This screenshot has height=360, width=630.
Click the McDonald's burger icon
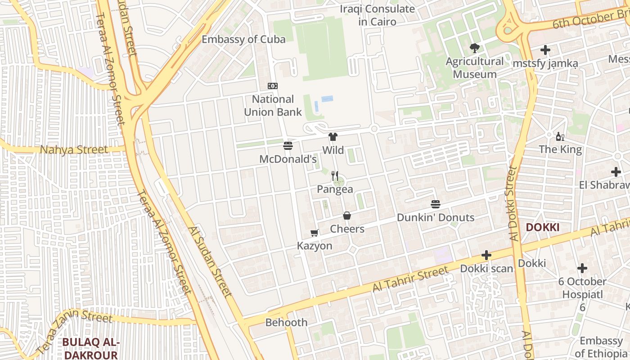(x=288, y=145)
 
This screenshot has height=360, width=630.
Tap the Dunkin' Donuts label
(x=435, y=217)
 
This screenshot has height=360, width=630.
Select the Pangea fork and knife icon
(x=335, y=175)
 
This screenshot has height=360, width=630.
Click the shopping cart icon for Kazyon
(x=315, y=233)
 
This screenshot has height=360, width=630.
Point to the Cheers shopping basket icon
(x=347, y=216)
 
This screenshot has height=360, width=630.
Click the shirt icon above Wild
(x=333, y=137)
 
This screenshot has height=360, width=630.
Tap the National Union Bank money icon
(x=273, y=86)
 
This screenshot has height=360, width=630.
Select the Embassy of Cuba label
(x=243, y=40)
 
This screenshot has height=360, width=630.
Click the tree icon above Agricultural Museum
(x=474, y=48)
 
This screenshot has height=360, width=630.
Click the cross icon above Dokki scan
(x=486, y=255)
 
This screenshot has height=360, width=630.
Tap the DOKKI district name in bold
(x=543, y=227)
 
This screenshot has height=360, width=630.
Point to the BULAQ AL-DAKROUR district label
(x=90, y=348)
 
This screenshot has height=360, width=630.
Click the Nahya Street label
(x=74, y=150)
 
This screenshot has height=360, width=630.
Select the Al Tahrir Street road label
(x=410, y=279)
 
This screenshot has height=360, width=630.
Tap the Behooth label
(x=286, y=322)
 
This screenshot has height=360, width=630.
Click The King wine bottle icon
(x=560, y=136)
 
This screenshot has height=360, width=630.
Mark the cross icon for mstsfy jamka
(x=545, y=50)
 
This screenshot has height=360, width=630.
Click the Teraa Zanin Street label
(x=74, y=326)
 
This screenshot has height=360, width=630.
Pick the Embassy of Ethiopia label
(x=601, y=346)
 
